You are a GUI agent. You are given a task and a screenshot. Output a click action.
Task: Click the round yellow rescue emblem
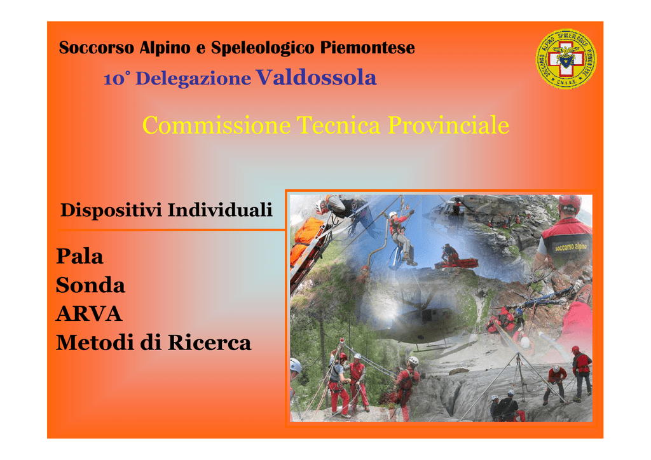click(x=566, y=58)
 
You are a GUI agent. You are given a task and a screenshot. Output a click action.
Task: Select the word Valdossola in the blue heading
click(x=316, y=77)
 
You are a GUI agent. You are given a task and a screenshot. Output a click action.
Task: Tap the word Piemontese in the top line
click(x=367, y=47)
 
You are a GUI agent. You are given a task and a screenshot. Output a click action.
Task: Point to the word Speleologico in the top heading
click(x=263, y=48)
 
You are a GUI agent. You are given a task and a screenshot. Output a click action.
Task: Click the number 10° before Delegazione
click(x=117, y=79)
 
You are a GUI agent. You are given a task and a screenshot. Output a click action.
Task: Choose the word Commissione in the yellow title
click(x=216, y=125)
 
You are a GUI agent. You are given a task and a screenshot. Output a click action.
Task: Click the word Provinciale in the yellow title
click(x=448, y=125)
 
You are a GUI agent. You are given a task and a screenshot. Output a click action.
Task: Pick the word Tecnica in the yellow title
click(x=338, y=125)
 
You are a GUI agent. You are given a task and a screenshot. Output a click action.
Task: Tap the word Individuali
click(x=220, y=210)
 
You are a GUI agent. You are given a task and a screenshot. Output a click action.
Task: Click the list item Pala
click(x=79, y=256)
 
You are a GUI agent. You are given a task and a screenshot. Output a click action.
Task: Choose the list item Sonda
click(x=90, y=285)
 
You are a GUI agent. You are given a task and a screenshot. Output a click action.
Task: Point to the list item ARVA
click(x=89, y=314)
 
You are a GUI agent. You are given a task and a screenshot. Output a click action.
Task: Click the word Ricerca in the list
click(x=209, y=342)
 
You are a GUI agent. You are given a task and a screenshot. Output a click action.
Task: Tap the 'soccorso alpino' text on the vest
click(x=572, y=247)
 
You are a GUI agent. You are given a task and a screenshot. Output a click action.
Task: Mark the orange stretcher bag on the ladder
click(x=306, y=241)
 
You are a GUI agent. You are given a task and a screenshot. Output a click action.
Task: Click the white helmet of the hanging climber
click(x=393, y=215)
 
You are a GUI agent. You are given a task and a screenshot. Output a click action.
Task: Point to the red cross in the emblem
click(x=566, y=58)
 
